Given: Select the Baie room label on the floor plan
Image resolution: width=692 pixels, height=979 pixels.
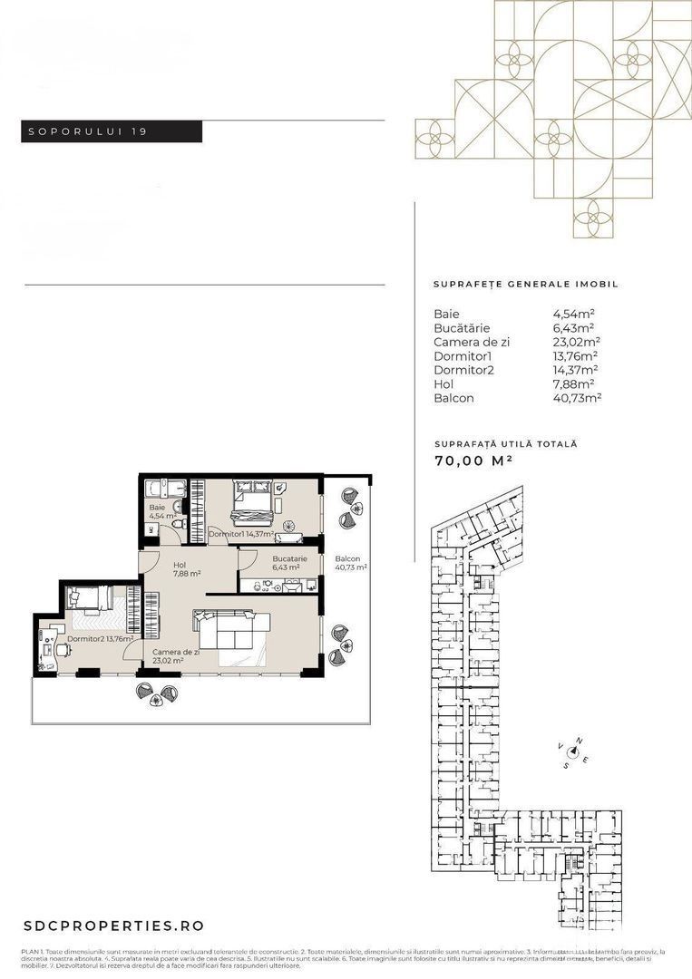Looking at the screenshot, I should pyautogui.click(x=158, y=508).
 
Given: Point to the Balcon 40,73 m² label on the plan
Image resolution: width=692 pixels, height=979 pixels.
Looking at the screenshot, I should pyautogui.click(x=349, y=563).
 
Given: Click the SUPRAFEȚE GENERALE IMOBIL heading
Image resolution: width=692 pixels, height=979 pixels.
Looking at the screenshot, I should pyautogui.click(x=525, y=284).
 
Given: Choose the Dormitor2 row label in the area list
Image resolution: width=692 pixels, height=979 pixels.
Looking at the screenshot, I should pyautogui.click(x=463, y=370).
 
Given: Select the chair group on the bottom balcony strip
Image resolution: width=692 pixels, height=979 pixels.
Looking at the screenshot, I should pyautogui.click(x=155, y=693).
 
